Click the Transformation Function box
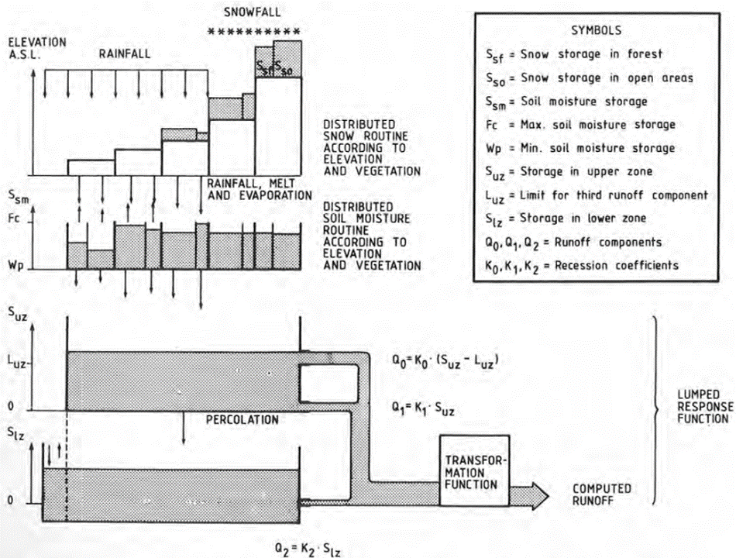point(474,470)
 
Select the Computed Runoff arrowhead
point(539,495)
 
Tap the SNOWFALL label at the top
point(252,12)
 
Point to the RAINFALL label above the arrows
point(125,54)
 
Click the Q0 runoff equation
point(445,360)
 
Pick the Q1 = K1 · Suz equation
point(423,408)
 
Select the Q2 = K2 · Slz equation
point(308,549)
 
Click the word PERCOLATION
point(242,419)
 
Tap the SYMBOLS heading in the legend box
point(596,30)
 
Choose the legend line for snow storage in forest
point(573,55)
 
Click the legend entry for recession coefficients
point(582,267)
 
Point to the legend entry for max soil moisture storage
point(580,125)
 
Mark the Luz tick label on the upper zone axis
point(17,361)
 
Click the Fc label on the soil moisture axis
point(14,218)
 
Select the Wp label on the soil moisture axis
point(15,265)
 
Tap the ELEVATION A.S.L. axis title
point(36,48)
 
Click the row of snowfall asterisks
point(254,32)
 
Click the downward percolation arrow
point(184,428)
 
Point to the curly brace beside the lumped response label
point(656,409)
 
